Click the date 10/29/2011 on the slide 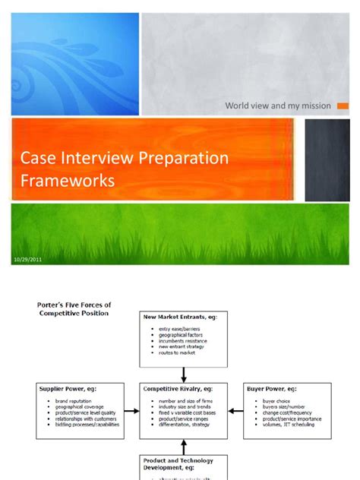[27, 260]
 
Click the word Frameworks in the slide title [68, 180]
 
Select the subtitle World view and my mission [277, 106]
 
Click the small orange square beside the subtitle [343, 106]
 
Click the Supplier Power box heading [69, 388]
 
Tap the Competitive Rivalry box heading [179, 388]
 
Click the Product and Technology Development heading [178, 463]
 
